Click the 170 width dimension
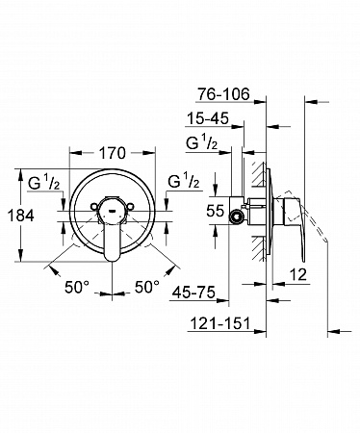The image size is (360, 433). (x=112, y=153)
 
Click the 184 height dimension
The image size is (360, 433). (x=20, y=216)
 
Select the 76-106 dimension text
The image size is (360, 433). (x=223, y=94)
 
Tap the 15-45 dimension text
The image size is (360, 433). (x=208, y=118)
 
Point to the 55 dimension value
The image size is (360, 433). (x=216, y=211)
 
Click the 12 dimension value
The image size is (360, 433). (x=298, y=274)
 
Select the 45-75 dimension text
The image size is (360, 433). (x=193, y=293)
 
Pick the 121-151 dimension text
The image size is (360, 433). (x=220, y=323)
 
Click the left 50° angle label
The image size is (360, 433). (x=77, y=287)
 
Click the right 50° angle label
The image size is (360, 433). (x=147, y=287)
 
